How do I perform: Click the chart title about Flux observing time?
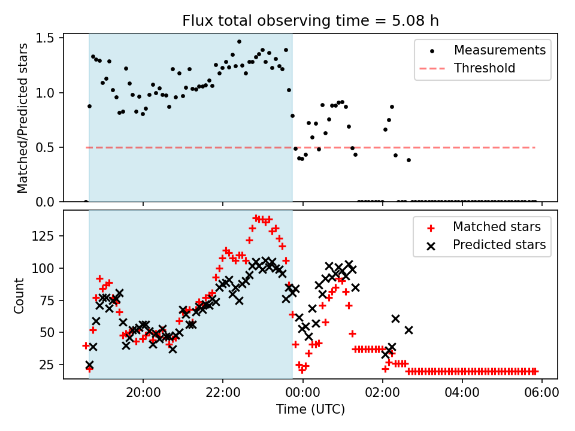[310, 21]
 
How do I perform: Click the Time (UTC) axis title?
[310, 410]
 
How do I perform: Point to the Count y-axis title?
[20, 295]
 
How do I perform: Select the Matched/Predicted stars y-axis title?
[23, 118]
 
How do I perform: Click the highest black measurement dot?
[239, 42]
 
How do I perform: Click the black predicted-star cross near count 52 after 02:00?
[408, 330]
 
